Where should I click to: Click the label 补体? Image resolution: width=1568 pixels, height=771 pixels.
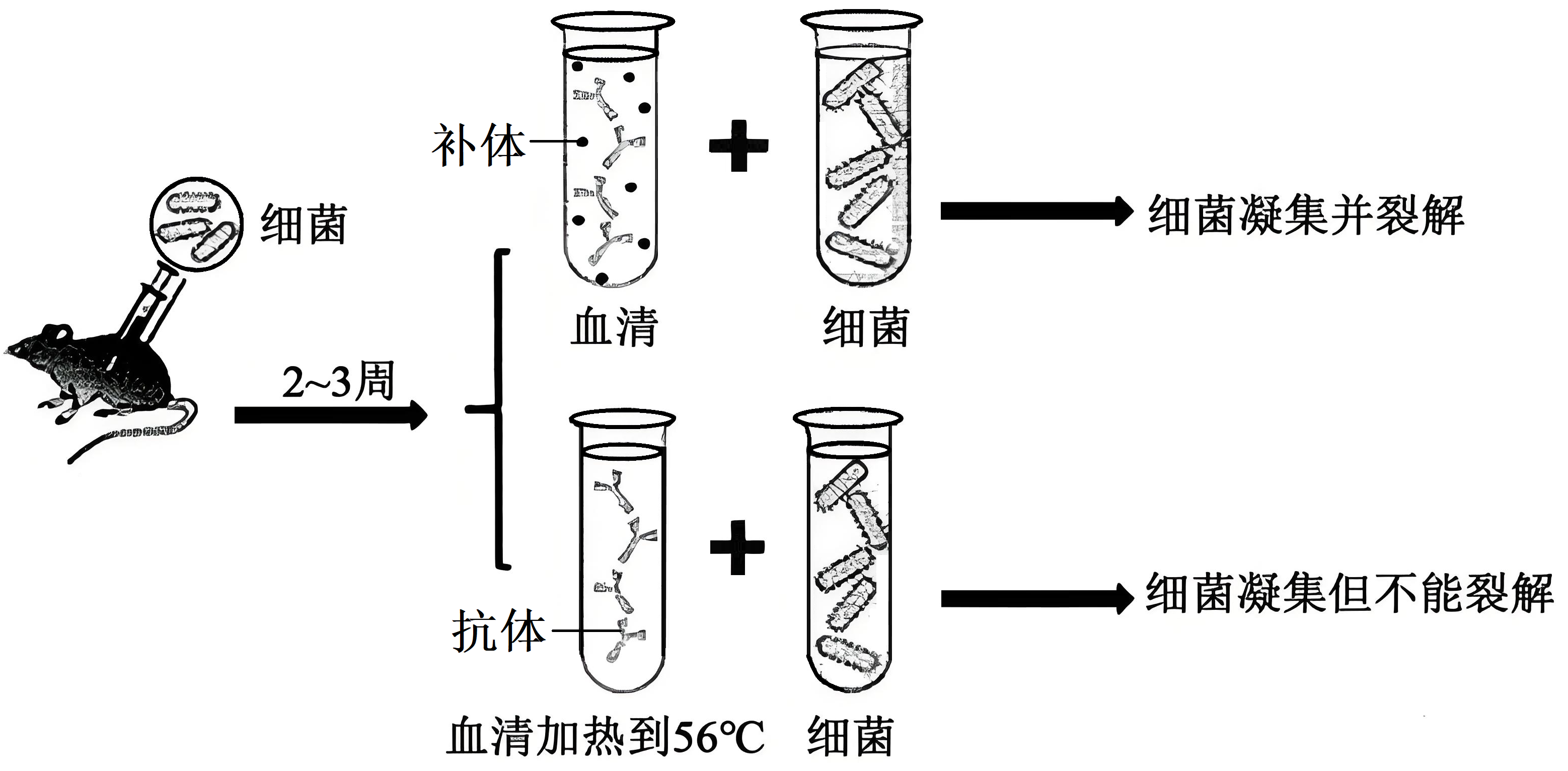tap(478, 146)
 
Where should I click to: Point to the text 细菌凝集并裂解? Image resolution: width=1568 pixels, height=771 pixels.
tap(1305, 215)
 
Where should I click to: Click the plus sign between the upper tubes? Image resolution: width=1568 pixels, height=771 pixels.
tap(739, 146)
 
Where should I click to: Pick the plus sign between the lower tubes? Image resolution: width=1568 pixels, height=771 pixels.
tap(737, 547)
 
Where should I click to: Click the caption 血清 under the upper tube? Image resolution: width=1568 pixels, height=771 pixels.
tap(614, 328)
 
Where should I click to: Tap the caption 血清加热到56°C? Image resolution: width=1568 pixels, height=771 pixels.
tap(605, 737)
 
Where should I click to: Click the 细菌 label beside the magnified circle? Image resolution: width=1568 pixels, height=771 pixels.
tap(304, 225)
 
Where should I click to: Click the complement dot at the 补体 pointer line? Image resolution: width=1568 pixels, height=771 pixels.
tap(582, 142)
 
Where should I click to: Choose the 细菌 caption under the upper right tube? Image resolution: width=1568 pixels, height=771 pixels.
tap(866, 328)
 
